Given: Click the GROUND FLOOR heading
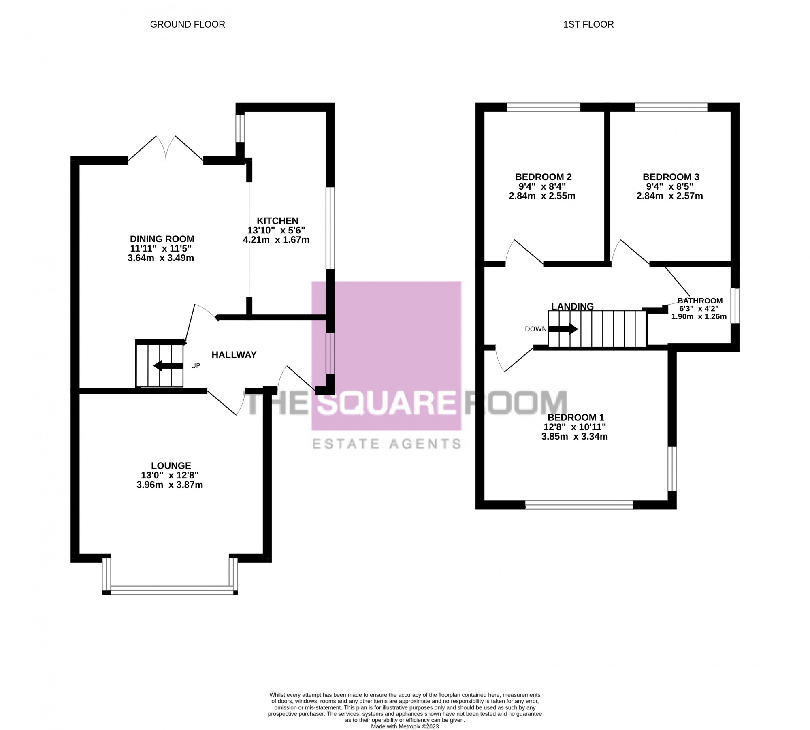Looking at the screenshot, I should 188,24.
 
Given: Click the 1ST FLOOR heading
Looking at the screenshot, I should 588,24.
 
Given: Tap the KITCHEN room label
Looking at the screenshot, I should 277,221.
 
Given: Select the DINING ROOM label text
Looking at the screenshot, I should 162,239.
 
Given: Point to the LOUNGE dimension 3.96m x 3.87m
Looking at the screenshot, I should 170,485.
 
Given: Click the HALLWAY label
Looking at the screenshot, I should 234,355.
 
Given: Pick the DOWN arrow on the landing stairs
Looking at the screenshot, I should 563,329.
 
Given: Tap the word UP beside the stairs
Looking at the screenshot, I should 196,366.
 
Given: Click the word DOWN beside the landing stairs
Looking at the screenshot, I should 535,329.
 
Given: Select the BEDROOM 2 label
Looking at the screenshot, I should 543,177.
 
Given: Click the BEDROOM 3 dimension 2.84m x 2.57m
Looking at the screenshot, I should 669,196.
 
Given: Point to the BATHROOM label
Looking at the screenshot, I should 700,301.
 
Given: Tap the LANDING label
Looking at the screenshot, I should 572,307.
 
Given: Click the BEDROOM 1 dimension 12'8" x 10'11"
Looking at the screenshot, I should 574,427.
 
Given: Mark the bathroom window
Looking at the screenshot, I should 735,306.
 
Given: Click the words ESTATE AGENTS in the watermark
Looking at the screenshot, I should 387,444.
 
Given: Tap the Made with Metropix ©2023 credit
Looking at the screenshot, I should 405,727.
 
